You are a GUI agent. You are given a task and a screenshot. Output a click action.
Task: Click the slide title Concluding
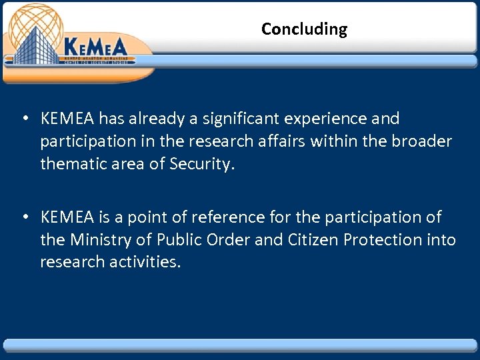(x=304, y=29)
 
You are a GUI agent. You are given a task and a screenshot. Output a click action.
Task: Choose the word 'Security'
(x=200, y=164)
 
